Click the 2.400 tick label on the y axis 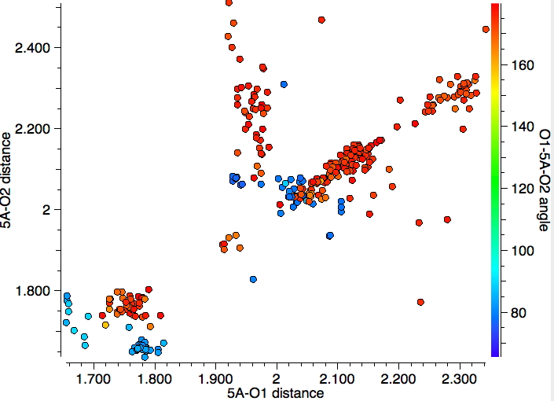[x=33, y=48]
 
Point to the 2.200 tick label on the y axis [x=33, y=129]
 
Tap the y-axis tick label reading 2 [x=46, y=210]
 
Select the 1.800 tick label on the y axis [x=33, y=291]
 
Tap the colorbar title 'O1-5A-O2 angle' [x=543, y=180]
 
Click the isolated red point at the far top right [x=486, y=29]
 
